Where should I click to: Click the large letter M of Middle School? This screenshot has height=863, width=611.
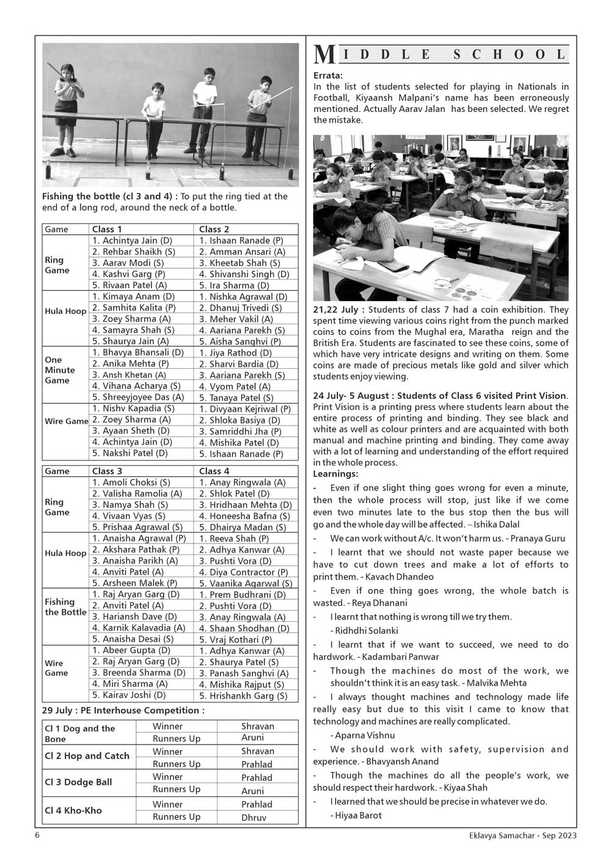(x=324, y=55)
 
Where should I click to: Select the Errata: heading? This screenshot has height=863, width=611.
(x=328, y=75)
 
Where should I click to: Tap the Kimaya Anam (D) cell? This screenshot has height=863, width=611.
(x=125, y=297)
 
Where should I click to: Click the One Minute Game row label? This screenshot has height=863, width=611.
(x=60, y=370)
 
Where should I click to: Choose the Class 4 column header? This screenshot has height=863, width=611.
(x=214, y=471)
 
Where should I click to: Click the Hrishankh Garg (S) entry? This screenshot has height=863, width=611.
(x=243, y=696)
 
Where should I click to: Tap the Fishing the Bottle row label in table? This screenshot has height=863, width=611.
(x=65, y=606)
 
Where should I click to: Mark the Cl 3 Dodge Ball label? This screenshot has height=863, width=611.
(x=78, y=782)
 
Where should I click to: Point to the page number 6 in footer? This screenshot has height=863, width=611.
(x=37, y=836)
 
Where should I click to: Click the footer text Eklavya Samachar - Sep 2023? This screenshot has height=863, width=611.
(x=519, y=836)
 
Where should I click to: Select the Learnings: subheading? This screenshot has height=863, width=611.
(x=335, y=474)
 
